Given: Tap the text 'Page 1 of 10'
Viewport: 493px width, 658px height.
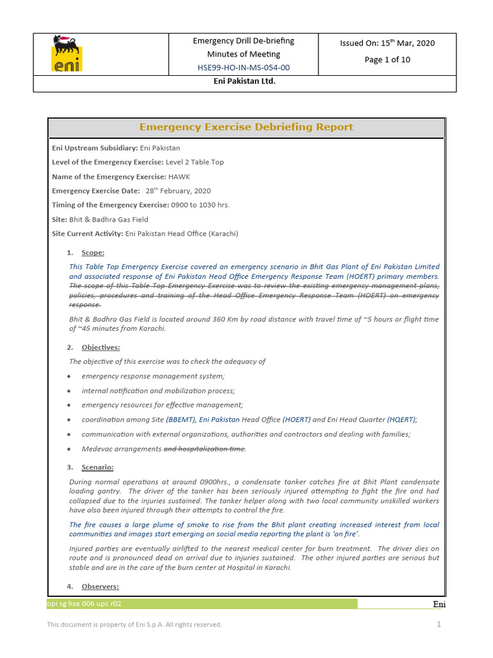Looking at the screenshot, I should coord(387,59).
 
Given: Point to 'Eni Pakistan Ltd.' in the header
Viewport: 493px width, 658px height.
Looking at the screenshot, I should coord(244,82).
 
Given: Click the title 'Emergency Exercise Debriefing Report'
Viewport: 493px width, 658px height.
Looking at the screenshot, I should coord(246,127).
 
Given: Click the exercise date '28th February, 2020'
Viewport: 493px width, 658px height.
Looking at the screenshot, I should coord(178,191).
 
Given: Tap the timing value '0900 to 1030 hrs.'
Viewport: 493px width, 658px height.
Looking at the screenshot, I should coord(200,205).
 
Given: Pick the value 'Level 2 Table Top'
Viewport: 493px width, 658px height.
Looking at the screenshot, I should coord(195,162).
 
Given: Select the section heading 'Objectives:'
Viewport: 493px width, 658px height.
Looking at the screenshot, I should coord(100,347).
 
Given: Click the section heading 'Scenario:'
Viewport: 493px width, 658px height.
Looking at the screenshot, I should coord(97,467).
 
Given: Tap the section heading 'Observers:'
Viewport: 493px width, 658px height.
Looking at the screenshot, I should coord(99,587).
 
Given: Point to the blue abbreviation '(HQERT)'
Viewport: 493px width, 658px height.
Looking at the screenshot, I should coord(401,420).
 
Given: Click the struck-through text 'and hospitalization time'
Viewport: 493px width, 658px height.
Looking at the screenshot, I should coord(205,449).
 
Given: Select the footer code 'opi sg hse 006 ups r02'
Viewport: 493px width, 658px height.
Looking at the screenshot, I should coord(84,603).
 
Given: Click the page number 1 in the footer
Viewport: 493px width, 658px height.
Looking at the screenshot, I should coord(439,624).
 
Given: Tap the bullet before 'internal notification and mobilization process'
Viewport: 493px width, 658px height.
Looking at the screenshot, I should coord(69,391).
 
